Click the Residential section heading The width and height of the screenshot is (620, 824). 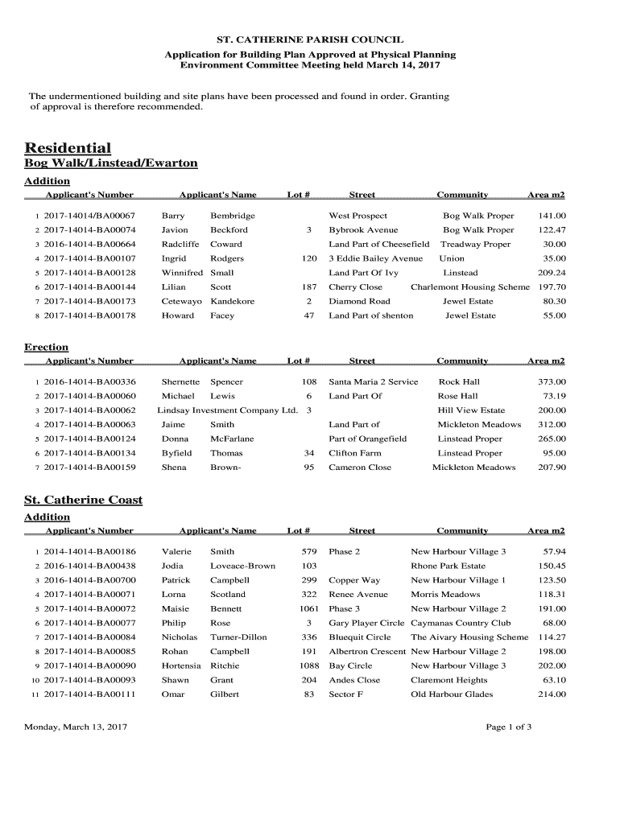click(68, 148)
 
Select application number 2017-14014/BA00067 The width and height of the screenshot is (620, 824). click(89, 216)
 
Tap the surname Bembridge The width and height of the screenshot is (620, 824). click(233, 216)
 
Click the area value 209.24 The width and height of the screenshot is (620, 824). click(551, 273)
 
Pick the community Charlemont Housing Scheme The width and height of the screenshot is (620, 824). click(470, 287)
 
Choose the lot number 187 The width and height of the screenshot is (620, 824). click(309, 287)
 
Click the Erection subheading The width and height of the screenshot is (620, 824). click(47, 347)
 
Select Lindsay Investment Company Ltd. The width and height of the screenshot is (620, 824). click(227, 410)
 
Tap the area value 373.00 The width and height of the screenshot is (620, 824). click(552, 381)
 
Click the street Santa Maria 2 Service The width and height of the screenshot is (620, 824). click(374, 381)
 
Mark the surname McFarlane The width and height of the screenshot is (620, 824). click(232, 439)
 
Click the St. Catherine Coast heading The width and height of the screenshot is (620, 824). click(84, 500)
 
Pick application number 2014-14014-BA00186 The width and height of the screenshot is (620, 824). click(89, 551)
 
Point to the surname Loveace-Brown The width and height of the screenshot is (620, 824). click(242, 566)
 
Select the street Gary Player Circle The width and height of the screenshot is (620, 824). click(366, 623)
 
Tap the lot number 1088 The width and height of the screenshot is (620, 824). click(309, 665)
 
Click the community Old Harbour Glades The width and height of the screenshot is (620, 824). click(452, 694)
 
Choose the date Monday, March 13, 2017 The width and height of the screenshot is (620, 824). click(76, 727)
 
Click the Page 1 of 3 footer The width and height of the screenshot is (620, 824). click(509, 727)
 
